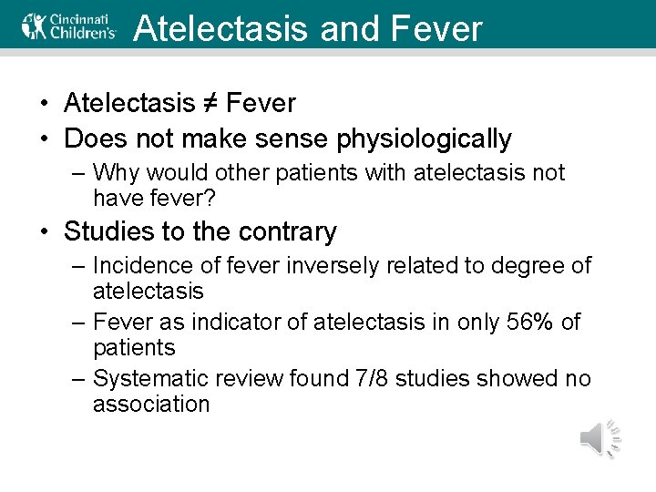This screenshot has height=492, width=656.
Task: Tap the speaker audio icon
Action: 600,439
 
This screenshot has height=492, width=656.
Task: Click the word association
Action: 151,404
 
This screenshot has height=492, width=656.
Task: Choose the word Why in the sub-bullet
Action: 115,173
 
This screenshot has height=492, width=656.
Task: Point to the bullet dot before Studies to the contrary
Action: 45,232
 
